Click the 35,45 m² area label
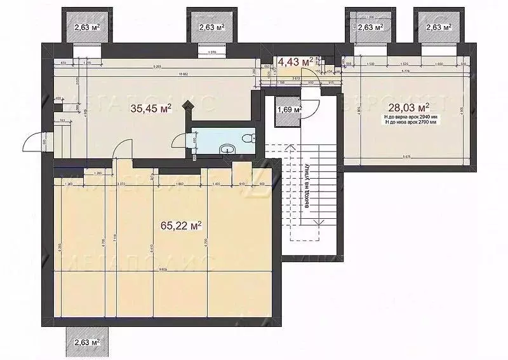[x=150, y=109]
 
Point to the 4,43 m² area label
[x=296, y=62]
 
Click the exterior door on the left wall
[x=33, y=143]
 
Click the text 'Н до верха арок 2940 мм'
[x=410, y=118]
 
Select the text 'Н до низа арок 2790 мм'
[x=410, y=123]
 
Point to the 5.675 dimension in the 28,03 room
[x=406, y=158]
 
